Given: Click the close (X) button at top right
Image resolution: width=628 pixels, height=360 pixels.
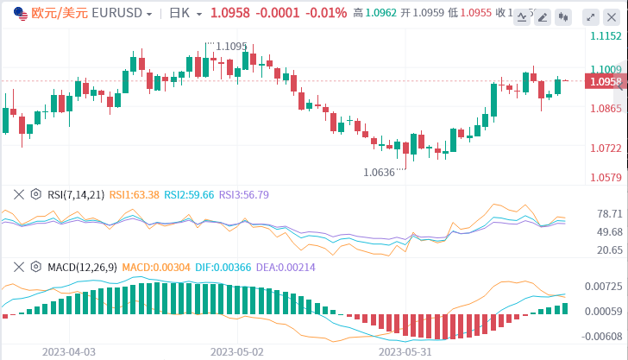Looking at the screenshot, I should click(x=612, y=16).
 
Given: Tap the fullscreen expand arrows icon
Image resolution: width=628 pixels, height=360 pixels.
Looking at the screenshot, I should click(x=591, y=16).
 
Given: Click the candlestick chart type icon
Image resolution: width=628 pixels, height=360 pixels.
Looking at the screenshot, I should click(x=563, y=16).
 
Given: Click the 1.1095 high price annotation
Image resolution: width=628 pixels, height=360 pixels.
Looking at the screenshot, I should click(x=231, y=47).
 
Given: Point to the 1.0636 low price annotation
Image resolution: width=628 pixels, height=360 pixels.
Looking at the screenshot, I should click(x=380, y=172).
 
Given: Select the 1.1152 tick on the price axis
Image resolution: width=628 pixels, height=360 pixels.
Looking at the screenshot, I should click(x=606, y=36).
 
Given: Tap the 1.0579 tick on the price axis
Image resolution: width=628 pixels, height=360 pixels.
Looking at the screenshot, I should click(x=606, y=178).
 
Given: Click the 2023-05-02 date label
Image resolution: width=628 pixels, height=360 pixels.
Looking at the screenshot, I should click(x=235, y=351).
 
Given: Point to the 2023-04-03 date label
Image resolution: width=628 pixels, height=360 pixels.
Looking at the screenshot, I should click(x=68, y=351).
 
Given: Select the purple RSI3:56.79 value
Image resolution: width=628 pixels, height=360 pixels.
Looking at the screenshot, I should click(x=244, y=194).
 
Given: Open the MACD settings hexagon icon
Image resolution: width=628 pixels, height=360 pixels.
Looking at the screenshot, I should click(x=35, y=268).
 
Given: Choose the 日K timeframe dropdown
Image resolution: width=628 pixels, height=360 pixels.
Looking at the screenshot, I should click(x=185, y=14).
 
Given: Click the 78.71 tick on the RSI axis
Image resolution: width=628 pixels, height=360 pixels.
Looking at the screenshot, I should click(x=610, y=213).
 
